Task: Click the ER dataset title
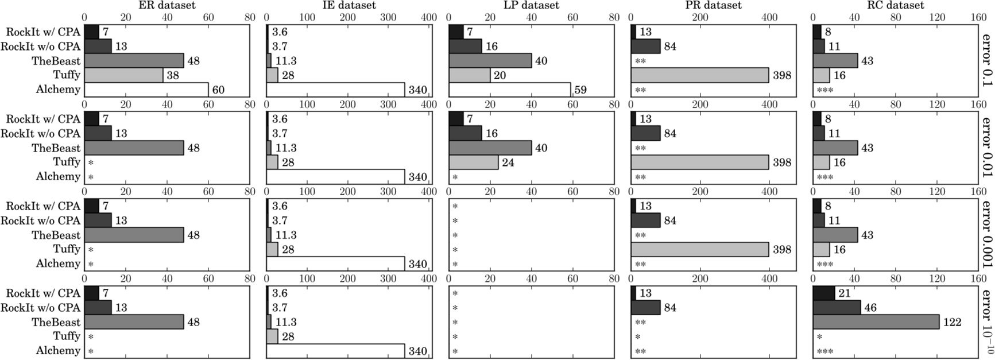point(167,5)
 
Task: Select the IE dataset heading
point(348,5)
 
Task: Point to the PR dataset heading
point(713,5)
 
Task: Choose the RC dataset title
point(896,5)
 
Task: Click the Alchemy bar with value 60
point(146,90)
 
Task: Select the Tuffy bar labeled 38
point(123,75)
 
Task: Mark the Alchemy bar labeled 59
point(510,90)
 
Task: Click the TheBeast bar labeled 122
point(876,322)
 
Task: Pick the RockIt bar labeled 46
point(837,308)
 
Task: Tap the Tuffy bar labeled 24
point(474,162)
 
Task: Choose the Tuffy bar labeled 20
point(469,75)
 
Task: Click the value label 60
point(218,90)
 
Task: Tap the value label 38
point(173,75)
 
